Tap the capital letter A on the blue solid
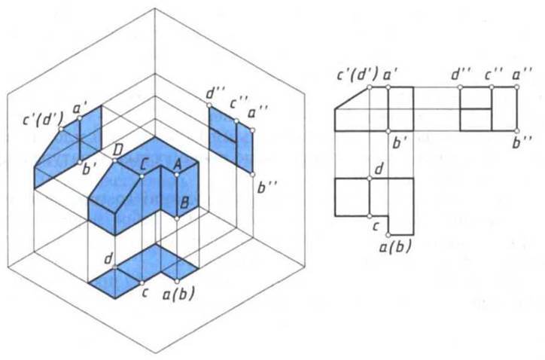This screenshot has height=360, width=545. click(177, 164)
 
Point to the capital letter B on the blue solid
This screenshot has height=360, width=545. click(185, 202)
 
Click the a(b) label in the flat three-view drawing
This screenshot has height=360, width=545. click(395, 246)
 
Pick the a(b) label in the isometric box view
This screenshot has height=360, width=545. click(178, 293)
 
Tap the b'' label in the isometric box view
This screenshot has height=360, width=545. click(267, 188)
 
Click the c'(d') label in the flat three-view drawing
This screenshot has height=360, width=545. click(358, 75)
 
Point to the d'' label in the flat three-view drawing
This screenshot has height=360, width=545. click(461, 75)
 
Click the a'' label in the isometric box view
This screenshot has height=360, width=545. click(258, 113)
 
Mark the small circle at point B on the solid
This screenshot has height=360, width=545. click(177, 218)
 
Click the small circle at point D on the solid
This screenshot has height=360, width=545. click(115, 160)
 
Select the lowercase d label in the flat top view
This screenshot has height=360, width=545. click(379, 169)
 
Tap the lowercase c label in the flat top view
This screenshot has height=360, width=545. click(376, 227)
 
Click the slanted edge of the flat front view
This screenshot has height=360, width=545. click(352, 99)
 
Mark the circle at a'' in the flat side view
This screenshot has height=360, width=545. click(517, 87)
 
